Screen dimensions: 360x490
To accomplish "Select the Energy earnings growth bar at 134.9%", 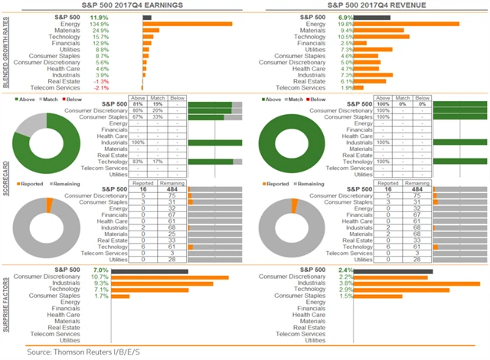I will pos(187,23).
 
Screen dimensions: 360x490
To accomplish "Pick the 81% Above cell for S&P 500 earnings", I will pos(139,103).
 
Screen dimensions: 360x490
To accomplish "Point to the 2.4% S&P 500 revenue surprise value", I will pos(346,270).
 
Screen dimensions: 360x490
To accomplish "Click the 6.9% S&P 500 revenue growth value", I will pos(345,16).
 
